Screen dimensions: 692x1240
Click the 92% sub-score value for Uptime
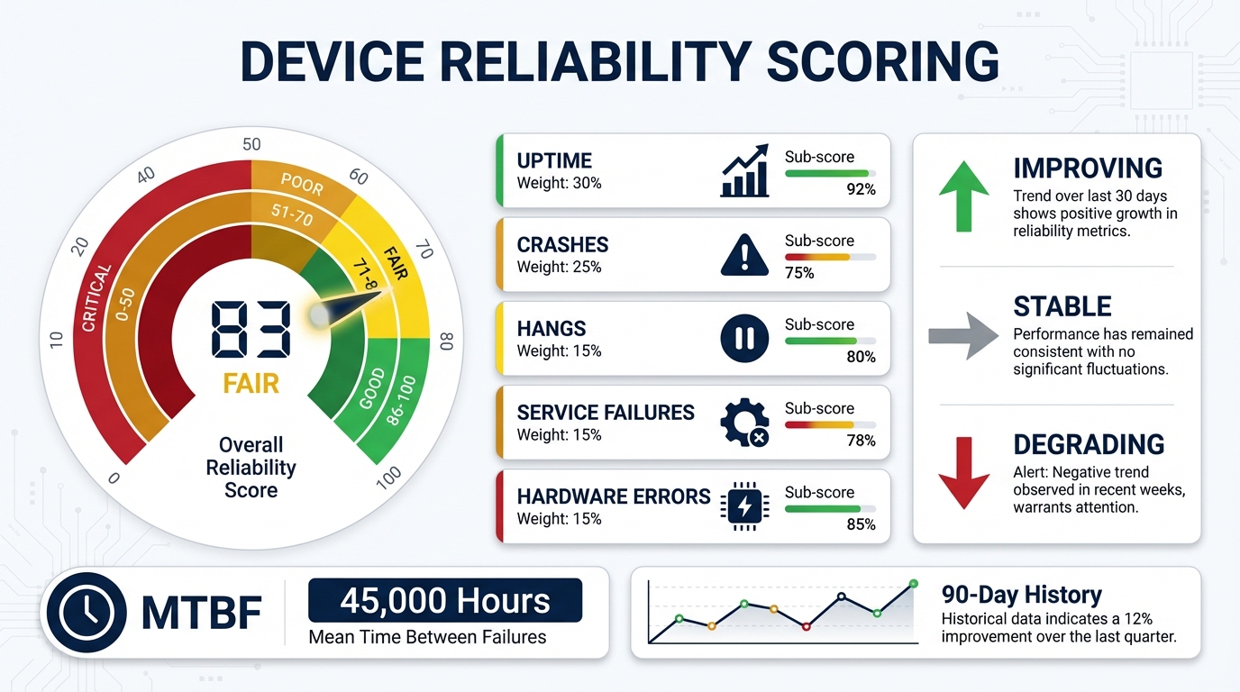tap(862, 189)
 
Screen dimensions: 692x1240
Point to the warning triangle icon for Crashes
tap(744, 255)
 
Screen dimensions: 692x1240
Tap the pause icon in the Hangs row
tap(744, 339)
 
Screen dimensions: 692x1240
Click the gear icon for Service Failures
tap(744, 423)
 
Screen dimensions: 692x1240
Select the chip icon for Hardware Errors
tap(744, 506)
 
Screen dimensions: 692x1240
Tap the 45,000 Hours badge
tap(445, 601)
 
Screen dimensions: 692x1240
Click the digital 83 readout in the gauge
tap(251, 329)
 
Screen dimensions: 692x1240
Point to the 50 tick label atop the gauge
tap(251, 144)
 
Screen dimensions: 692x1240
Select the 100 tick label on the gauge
tap(389, 479)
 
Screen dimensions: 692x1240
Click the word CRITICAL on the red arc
tap(96, 297)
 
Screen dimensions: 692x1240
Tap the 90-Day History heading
tap(1021, 595)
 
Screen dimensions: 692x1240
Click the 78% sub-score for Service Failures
tap(862, 441)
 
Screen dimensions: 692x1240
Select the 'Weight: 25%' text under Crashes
tap(559, 267)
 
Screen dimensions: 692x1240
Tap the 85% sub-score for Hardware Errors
tap(862, 524)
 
